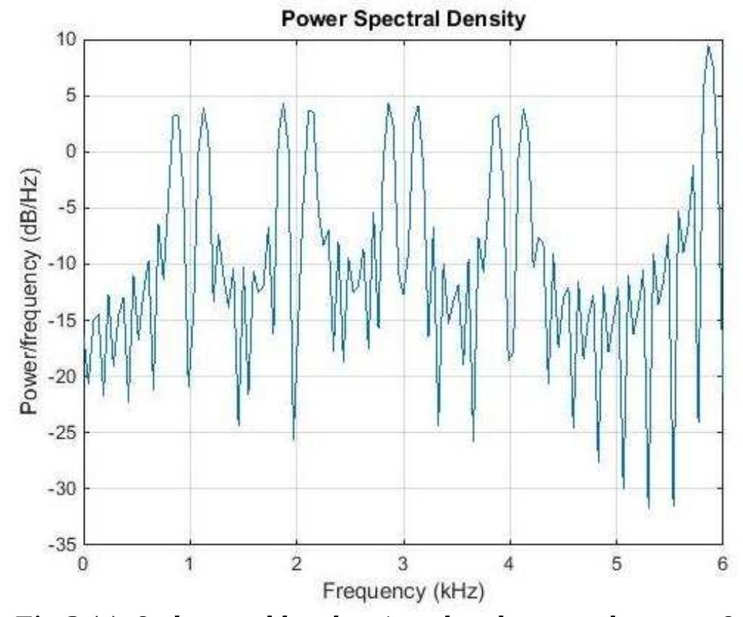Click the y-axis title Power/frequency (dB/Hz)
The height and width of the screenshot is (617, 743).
coord(30,292)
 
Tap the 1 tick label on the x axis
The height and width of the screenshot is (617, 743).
coord(189,563)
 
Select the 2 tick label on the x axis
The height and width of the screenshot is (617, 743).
coord(296,563)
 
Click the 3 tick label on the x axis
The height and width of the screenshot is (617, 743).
coord(403,563)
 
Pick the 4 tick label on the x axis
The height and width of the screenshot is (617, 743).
coord(510,563)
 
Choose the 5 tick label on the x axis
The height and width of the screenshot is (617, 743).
coord(616,563)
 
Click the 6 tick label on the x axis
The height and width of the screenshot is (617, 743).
coord(722,563)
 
